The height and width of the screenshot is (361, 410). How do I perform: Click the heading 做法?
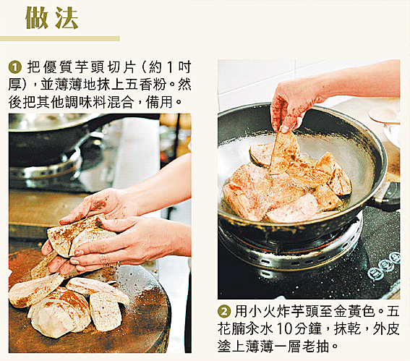(52, 18)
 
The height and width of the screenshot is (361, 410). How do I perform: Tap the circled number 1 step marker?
(15, 67)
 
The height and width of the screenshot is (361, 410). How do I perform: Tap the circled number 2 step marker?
(224, 312)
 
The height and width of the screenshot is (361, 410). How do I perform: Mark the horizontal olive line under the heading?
(60, 39)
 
